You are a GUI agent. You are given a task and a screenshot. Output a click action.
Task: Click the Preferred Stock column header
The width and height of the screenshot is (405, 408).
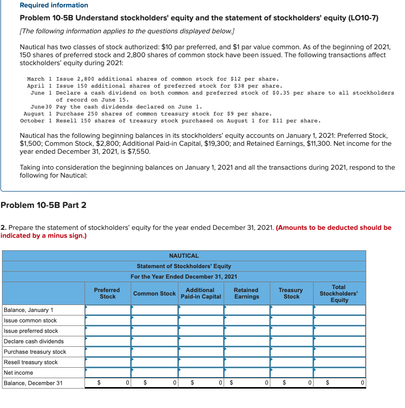coord(107,293)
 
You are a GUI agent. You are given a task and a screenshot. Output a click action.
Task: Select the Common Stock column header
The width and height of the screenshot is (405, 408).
coord(154,294)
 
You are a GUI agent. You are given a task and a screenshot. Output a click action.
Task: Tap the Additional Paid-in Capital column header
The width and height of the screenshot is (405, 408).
coord(200,293)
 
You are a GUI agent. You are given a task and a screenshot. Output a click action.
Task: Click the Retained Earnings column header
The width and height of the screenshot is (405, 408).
coord(246,293)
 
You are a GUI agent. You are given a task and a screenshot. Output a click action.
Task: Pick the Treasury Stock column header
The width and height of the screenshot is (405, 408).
coord(291,293)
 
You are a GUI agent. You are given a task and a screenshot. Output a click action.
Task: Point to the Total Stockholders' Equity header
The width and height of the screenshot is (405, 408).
coord(339,294)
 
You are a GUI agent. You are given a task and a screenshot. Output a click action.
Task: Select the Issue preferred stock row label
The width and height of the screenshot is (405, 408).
coord(31,331)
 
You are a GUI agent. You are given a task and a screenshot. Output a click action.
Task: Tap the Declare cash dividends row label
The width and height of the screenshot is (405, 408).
coord(33,341)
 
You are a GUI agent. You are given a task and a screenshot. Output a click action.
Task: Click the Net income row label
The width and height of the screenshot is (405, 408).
coord(18,373)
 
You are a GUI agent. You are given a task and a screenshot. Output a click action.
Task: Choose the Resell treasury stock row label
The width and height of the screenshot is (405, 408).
coord(31,362)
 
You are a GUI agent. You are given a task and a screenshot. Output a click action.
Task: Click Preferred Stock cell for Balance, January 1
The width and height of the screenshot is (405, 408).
coord(107,310)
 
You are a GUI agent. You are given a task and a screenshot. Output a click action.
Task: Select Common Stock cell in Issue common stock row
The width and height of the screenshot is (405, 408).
coord(154,320)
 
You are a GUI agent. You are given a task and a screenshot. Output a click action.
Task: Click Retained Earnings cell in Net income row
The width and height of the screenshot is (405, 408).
coord(246,373)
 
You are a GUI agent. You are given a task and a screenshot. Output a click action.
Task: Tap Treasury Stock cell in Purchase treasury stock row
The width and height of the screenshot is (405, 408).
coord(291,352)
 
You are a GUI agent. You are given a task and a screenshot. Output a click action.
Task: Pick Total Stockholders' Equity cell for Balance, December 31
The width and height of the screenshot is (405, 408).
coord(339,383)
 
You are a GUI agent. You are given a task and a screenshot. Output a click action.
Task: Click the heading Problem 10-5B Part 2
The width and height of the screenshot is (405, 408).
coord(44,204)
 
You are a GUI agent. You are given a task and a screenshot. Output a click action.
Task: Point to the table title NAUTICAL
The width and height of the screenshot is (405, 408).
coord(183,255)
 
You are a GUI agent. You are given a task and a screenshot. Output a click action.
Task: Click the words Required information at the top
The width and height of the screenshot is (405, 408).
coord(54,5)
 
